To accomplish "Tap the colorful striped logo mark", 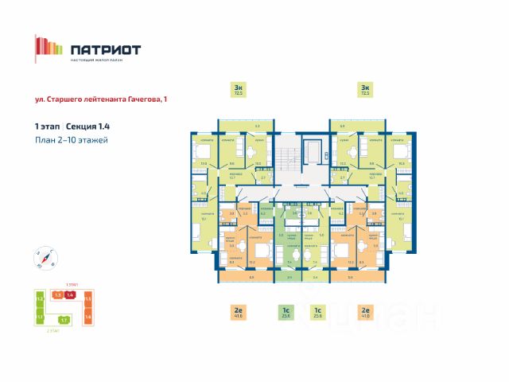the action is point(49,49).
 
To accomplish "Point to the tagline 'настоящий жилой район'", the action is point(104,62).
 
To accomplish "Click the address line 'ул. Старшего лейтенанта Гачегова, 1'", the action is point(102,99).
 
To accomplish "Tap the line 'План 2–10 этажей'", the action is point(71,140).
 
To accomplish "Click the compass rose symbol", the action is point(45,255).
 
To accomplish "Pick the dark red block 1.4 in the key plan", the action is point(70,295).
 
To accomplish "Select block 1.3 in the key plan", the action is point(57,295).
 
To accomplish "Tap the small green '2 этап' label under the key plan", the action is point(53,329).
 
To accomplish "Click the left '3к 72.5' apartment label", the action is point(238,89).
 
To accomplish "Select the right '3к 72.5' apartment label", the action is point(365,89).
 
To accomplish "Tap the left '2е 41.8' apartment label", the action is point(238,313).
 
